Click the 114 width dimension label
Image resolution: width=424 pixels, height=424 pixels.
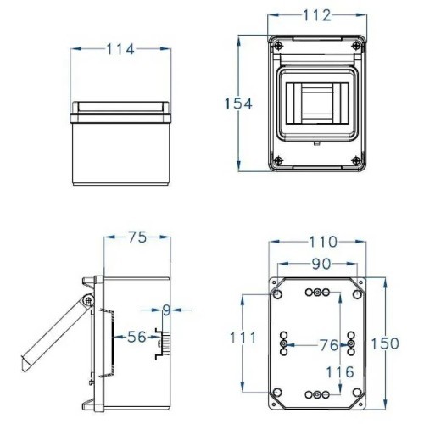tap(120, 50)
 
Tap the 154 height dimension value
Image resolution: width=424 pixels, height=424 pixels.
tap(238, 103)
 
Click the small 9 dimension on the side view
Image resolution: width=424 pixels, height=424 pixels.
tap(166, 310)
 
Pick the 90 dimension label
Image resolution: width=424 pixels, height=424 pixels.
tap(320, 264)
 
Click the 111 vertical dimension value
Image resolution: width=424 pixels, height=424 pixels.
tap(243, 338)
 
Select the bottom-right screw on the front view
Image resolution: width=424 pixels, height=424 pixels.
tap(361, 161)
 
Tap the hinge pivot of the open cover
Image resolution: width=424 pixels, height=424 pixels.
tap(87, 302)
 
